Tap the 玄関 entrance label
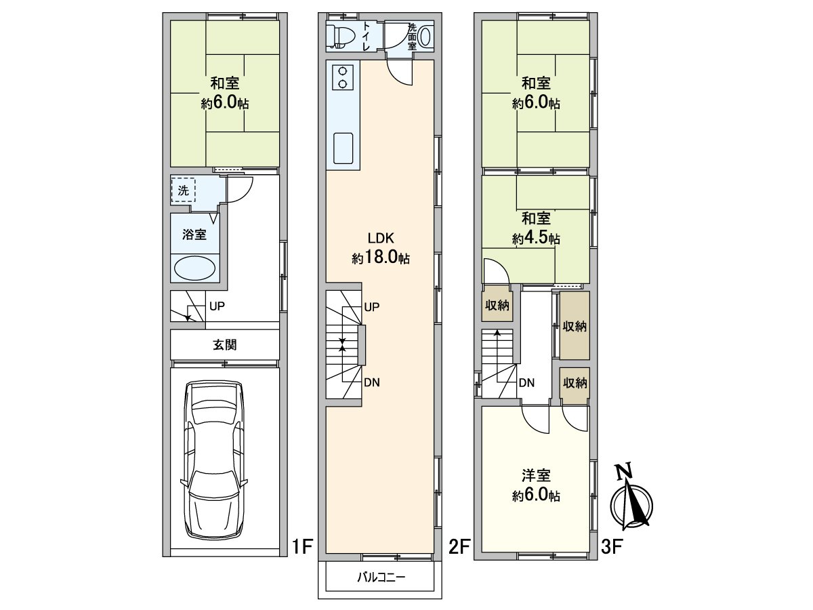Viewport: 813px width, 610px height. (225, 345)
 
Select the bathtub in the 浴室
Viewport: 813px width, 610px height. (196, 268)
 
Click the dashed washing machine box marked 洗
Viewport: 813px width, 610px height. (183, 190)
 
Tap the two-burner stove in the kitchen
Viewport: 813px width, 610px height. (342, 77)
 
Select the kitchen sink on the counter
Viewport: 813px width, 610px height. (343, 148)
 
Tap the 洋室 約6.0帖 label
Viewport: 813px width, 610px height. (536, 485)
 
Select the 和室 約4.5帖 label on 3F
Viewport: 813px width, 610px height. (536, 228)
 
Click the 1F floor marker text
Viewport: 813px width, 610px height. (301, 546)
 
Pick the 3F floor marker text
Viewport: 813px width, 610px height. (611, 546)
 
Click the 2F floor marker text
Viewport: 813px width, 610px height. (459, 546)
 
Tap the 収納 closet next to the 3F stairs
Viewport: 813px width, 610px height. (497, 306)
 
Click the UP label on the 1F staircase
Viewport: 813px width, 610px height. (217, 306)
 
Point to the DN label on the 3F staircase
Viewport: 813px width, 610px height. (526, 383)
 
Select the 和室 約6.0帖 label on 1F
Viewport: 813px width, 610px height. (224, 94)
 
